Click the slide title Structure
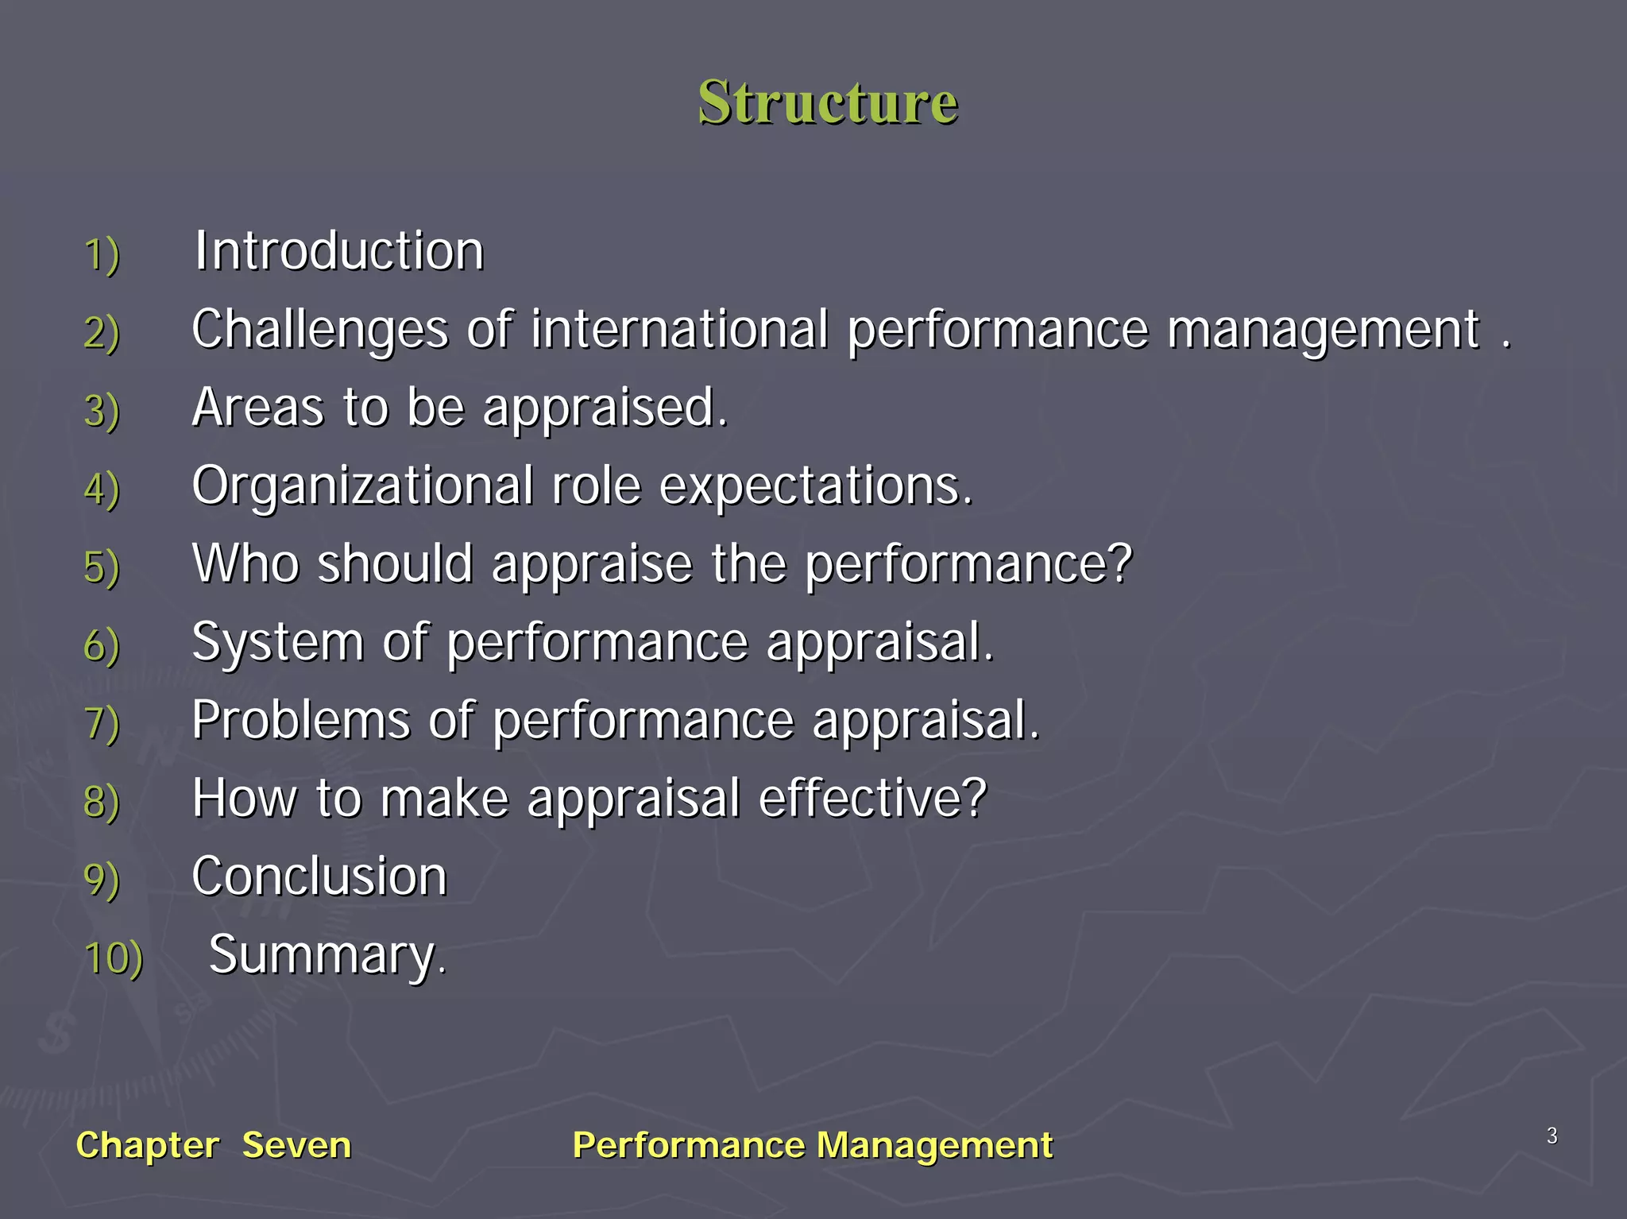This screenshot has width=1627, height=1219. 828,103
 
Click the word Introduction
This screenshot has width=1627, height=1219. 339,252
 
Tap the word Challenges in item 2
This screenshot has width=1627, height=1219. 320,330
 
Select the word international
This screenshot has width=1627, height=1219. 679,329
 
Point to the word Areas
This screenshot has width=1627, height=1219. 257,408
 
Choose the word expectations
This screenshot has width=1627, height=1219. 815,486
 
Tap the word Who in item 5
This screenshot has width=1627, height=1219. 245,564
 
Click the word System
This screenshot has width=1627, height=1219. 277,643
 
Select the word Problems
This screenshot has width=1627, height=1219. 301,721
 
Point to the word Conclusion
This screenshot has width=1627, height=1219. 319,877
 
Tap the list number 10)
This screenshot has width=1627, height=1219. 114,958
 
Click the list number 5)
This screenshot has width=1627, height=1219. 102,567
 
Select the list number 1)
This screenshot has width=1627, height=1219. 102,255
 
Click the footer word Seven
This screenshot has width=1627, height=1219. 296,1145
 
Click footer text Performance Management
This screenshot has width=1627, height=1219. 812,1145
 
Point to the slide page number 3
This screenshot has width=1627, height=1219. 1552,1136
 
